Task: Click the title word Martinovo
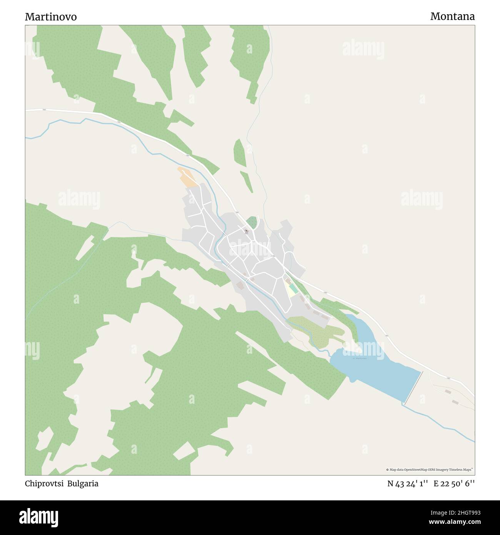51,17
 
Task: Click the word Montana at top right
452,17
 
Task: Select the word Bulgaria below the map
83,484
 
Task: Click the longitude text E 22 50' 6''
454,484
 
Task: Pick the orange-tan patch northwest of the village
187,177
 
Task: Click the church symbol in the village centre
246,231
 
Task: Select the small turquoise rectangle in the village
293,288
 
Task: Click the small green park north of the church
252,222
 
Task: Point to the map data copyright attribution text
429,470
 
